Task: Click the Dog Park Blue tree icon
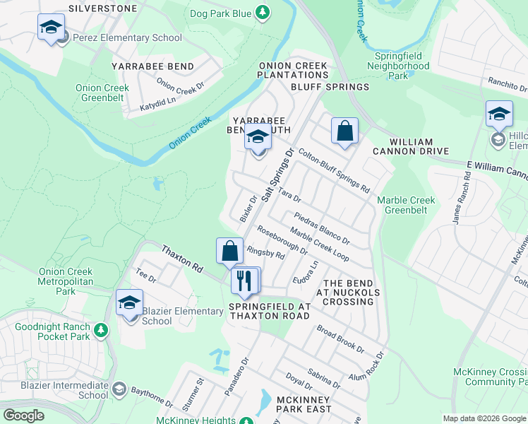click(x=263, y=13)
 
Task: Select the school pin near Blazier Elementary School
click(x=129, y=303)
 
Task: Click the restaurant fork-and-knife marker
click(x=244, y=281)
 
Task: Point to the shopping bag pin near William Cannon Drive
click(x=344, y=131)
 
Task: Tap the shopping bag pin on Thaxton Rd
click(x=229, y=251)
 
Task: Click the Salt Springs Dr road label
click(x=277, y=175)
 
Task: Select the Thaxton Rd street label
click(x=182, y=260)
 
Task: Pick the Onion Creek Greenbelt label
click(x=102, y=93)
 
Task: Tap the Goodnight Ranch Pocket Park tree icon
click(x=101, y=330)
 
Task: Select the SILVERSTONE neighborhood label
click(x=104, y=8)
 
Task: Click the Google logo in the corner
click(x=23, y=415)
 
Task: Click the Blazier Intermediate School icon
click(x=119, y=389)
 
